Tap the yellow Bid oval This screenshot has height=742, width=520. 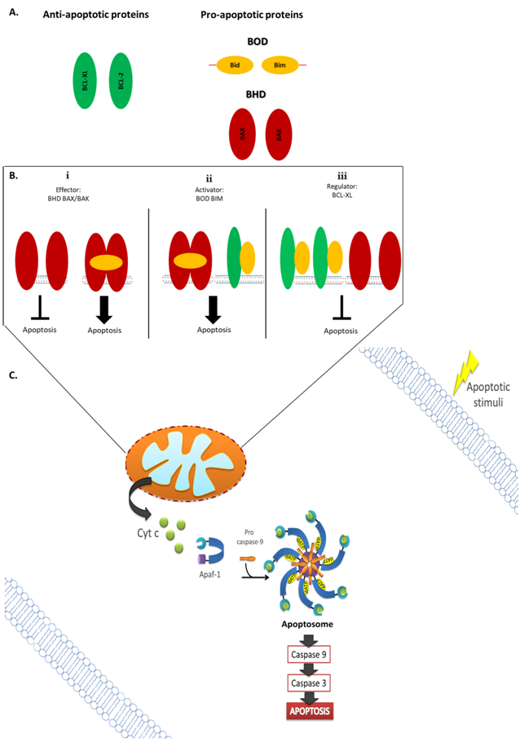235,64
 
